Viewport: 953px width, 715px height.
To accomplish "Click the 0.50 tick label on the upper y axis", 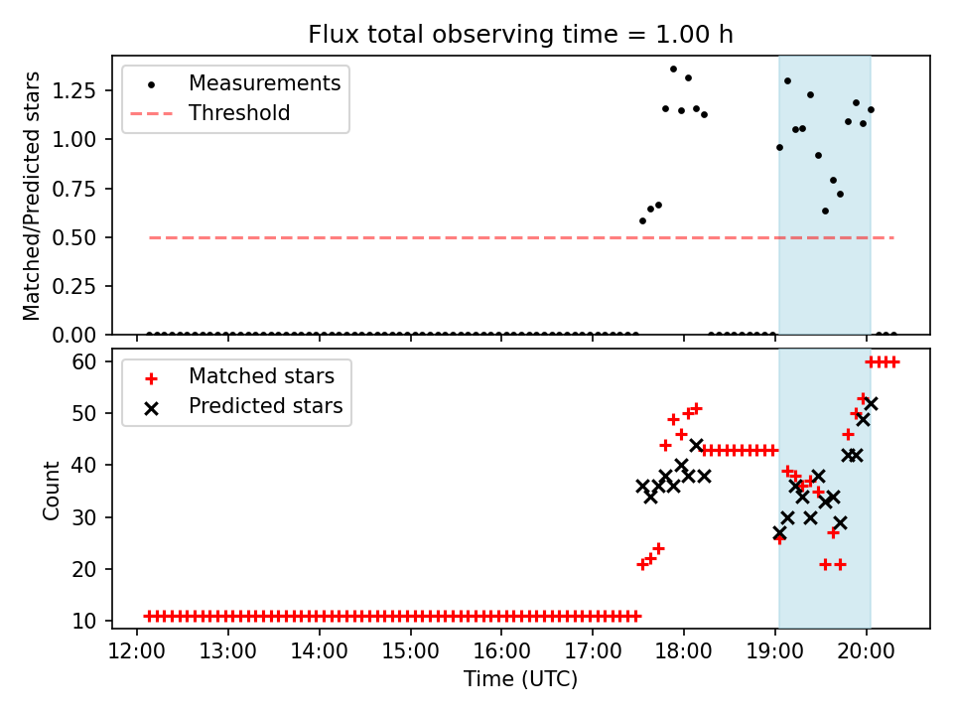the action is [x=74, y=237].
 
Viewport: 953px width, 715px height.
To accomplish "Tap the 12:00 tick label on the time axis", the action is [x=137, y=651].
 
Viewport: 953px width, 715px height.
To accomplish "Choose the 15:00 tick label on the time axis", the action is [x=410, y=651].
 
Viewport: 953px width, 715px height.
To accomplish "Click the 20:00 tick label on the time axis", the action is [x=866, y=651].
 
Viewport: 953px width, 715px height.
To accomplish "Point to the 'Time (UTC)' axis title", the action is [x=521, y=678].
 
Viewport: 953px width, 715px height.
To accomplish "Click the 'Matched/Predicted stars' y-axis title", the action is [x=32, y=196].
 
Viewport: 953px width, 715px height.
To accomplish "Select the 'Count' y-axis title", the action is [x=51, y=491].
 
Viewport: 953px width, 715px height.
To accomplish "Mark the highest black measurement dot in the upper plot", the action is [x=673, y=70].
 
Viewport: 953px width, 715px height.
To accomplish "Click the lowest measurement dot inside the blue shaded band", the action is [x=825, y=211].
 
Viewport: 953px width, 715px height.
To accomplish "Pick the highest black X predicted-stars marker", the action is [x=871, y=404].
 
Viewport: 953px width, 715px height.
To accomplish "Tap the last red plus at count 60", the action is [x=893, y=362].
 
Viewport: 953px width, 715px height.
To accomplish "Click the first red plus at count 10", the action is [x=149, y=617].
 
